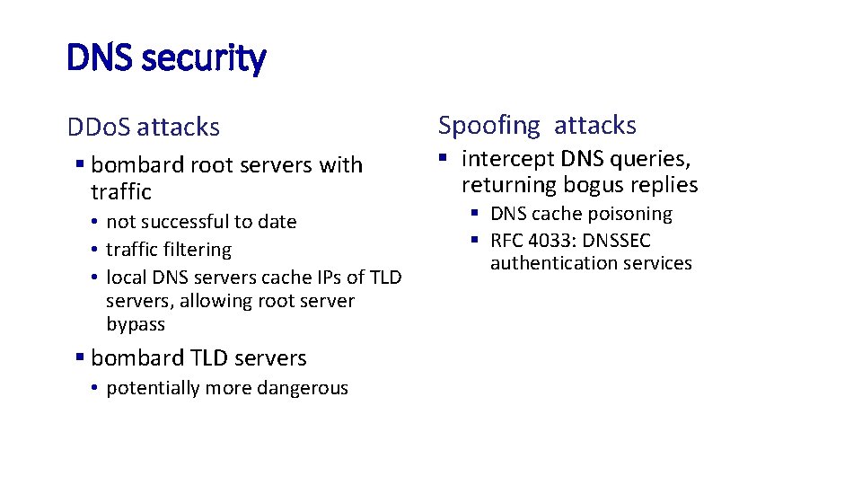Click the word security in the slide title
click(x=204, y=58)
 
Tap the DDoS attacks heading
click(x=143, y=128)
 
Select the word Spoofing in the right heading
click(x=488, y=126)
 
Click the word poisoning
click(x=629, y=214)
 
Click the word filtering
click(x=196, y=250)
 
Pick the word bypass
click(x=136, y=324)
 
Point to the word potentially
click(x=154, y=388)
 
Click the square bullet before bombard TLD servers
click(x=80, y=357)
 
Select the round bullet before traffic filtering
click(x=94, y=250)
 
